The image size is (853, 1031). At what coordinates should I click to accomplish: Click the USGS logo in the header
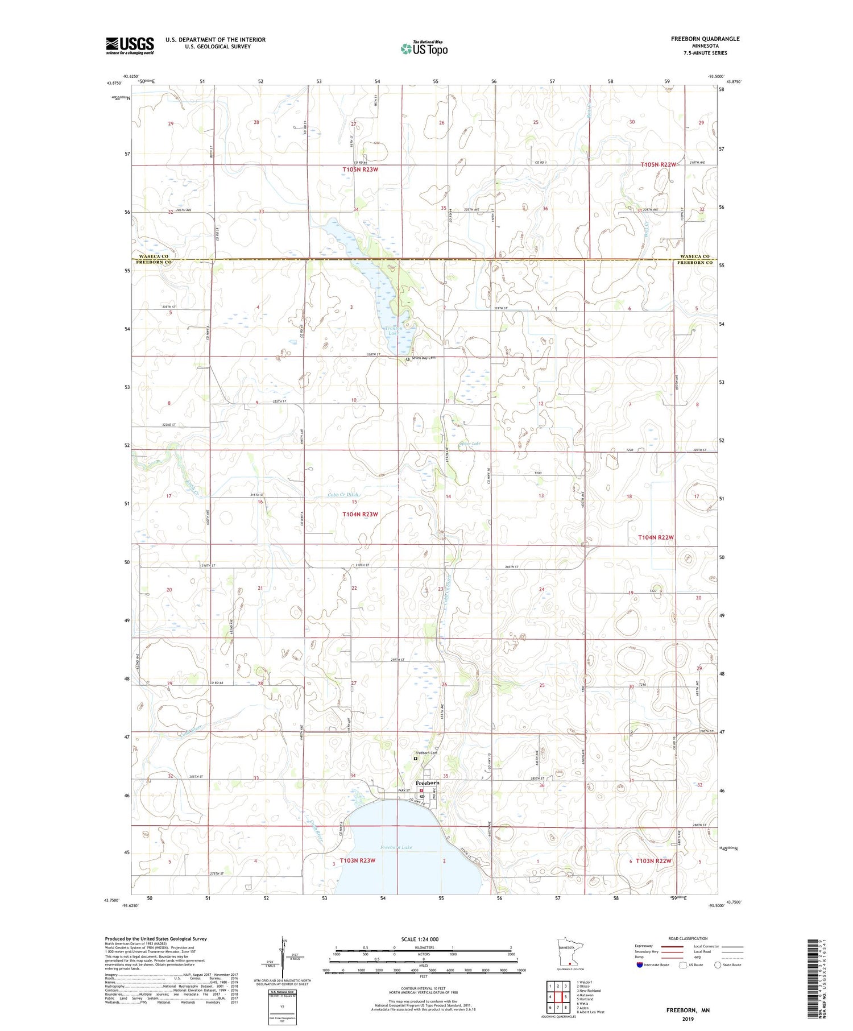pos(130,45)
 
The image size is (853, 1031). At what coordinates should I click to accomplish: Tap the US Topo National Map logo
pos(424,48)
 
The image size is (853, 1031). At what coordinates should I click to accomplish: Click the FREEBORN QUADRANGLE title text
pos(705,39)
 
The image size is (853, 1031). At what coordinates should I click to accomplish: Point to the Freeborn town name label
pos(427,782)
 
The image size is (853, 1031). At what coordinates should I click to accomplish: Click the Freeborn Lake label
pos(396,847)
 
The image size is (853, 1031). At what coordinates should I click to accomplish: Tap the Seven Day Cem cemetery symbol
pos(408,359)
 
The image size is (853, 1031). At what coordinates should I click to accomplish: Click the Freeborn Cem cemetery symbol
pos(416,758)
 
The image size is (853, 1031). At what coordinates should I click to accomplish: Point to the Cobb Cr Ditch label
pos(343,495)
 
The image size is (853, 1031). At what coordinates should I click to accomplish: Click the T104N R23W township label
pos(360,514)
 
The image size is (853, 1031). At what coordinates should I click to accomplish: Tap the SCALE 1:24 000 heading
pos(420,939)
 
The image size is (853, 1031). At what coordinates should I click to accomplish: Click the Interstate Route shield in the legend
pos(640,964)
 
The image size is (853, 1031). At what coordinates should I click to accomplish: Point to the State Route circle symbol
pos(718,964)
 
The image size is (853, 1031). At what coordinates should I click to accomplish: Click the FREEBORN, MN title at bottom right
pos(688,1011)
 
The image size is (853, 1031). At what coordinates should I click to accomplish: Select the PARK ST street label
pos(404,790)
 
